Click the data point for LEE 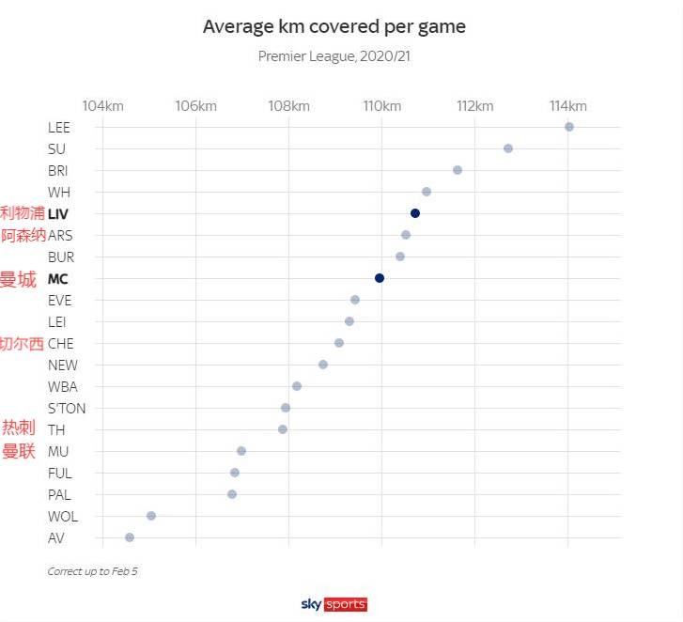568,127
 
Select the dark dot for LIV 414,213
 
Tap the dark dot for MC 380,278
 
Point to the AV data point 130,537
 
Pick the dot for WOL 151,516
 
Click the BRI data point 458,170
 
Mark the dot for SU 508,148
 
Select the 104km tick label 102,105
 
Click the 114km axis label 567,105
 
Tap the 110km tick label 381,105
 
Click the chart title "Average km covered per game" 334,26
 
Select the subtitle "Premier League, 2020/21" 334,56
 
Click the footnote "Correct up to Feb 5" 92,571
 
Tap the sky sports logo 334,604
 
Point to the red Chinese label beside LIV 22,213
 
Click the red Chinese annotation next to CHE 22,344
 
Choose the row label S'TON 67,409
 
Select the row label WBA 63,387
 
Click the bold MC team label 57,279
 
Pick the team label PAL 59,495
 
